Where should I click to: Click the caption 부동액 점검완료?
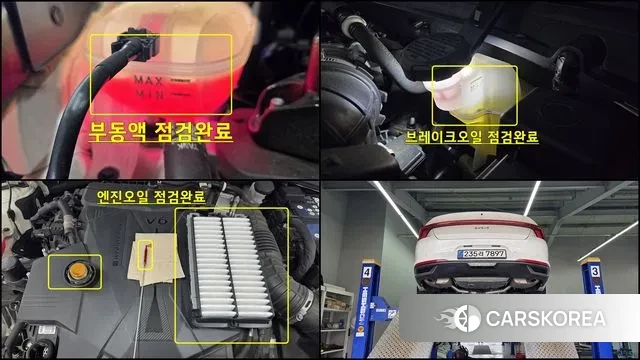click(161, 131)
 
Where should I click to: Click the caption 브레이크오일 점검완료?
click(477, 137)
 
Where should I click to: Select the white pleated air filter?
click(229, 274)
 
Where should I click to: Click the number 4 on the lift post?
click(368, 271)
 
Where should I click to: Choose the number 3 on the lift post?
click(594, 271)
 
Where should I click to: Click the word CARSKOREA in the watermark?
click(544, 319)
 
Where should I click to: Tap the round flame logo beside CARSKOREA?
click(466, 319)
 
